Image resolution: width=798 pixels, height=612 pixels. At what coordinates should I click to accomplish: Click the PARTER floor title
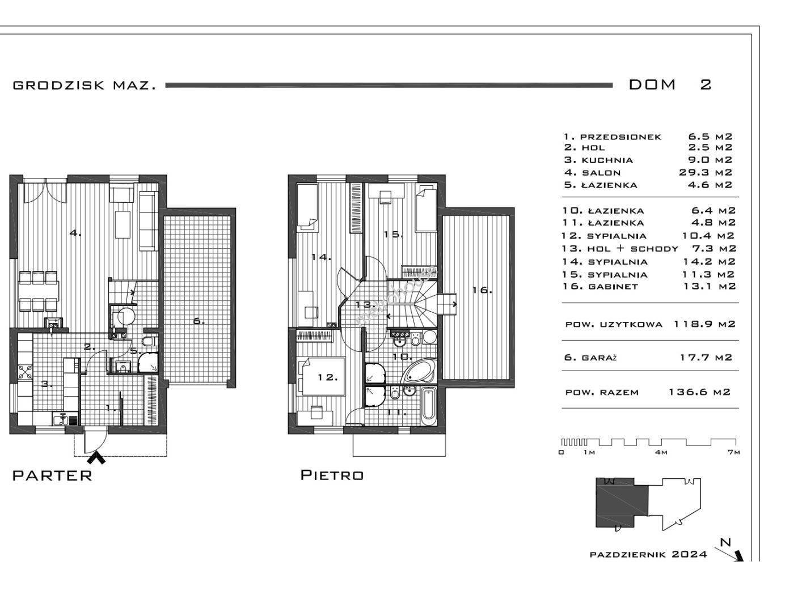pyautogui.click(x=52, y=475)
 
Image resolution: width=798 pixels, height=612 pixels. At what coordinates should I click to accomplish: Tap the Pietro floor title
pyautogui.click(x=332, y=475)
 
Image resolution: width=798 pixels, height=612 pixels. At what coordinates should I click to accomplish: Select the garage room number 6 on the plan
pyautogui.click(x=199, y=321)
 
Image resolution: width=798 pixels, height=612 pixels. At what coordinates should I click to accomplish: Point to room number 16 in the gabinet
pyautogui.click(x=482, y=290)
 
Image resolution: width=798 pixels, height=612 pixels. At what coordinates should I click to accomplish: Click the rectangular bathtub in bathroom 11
pyautogui.click(x=428, y=406)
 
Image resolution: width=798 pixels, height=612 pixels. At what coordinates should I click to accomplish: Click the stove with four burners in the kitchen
pyautogui.click(x=25, y=371)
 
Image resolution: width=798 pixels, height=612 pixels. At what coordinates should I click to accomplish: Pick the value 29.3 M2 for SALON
pyautogui.click(x=706, y=172)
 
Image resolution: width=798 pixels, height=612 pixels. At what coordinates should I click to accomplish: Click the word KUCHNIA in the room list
pyautogui.click(x=607, y=160)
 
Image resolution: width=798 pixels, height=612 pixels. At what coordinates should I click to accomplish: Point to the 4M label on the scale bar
pyautogui.click(x=661, y=452)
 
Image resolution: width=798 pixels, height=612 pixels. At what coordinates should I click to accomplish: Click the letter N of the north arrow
pyautogui.click(x=725, y=542)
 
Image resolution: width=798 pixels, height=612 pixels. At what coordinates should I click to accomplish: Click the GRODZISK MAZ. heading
pyautogui.click(x=85, y=86)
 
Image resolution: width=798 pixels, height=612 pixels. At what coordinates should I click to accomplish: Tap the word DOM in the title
pyautogui.click(x=652, y=85)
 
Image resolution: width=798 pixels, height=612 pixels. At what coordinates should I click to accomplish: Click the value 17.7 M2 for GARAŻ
pyautogui.click(x=706, y=357)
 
